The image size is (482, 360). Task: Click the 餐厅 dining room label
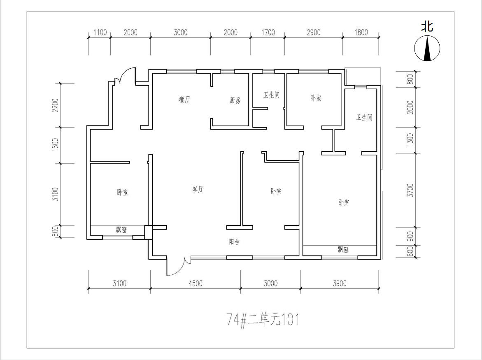[x=184, y=100]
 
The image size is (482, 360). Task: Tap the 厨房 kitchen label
[x=235, y=100]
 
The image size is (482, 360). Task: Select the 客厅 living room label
[x=198, y=189]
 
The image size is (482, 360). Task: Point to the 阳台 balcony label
[x=234, y=242]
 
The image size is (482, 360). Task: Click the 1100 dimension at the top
[x=100, y=32]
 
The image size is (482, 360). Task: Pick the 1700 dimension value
[x=268, y=32]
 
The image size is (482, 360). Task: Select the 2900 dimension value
[x=314, y=32]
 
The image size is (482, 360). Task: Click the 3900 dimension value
[x=339, y=283]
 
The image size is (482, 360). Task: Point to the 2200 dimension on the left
[x=55, y=105]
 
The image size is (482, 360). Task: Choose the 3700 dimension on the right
[x=410, y=190]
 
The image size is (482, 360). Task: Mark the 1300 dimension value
[x=410, y=140]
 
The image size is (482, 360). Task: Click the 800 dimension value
[x=410, y=79]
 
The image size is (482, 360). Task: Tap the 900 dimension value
[x=410, y=237]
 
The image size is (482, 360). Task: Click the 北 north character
[x=427, y=26]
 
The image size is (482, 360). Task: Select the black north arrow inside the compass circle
[x=427, y=48]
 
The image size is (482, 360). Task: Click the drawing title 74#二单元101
[x=263, y=320]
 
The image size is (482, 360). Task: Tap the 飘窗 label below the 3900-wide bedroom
[x=343, y=249]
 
